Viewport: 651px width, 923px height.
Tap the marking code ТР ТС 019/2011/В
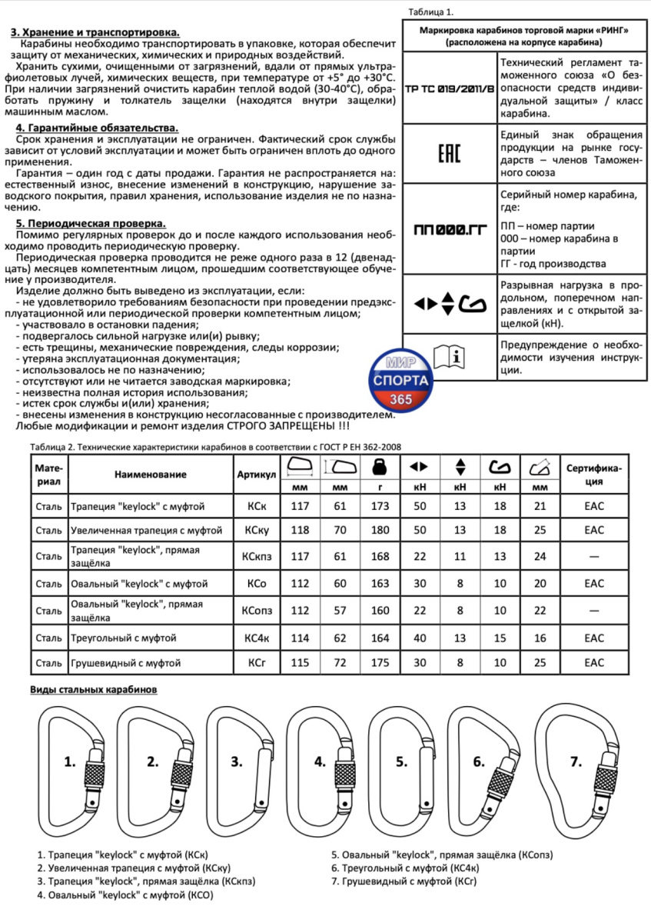click(449, 88)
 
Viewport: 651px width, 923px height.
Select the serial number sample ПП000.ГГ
click(449, 229)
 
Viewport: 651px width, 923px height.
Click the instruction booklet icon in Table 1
click(449, 357)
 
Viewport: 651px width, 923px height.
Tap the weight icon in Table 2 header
click(377, 466)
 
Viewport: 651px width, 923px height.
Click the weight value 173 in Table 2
click(377, 505)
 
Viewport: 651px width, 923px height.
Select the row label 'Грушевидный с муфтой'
click(125, 661)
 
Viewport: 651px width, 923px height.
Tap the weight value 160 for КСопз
click(377, 611)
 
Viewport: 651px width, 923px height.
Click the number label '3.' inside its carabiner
click(236, 762)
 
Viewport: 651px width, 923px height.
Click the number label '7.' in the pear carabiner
click(576, 762)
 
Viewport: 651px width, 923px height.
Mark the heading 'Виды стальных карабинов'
click(94, 689)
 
